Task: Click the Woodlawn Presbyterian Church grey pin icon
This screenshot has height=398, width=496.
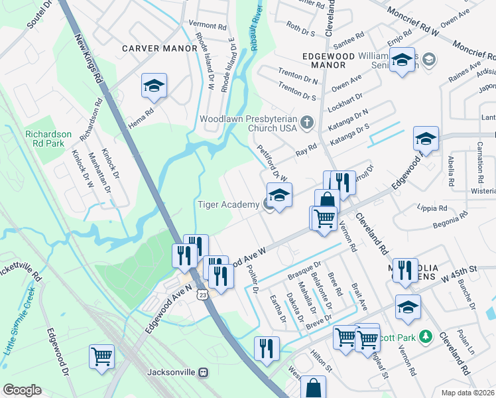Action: pyautogui.click(x=307, y=121)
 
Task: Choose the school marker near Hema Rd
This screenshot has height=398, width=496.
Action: pyautogui.click(x=154, y=86)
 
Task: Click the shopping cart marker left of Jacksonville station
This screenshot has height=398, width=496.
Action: pyautogui.click(x=102, y=356)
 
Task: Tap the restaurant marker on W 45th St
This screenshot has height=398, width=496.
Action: pyautogui.click(x=404, y=270)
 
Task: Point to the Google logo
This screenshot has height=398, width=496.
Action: pyautogui.click(x=22, y=390)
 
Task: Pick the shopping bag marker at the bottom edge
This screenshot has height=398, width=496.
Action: pyautogui.click(x=313, y=388)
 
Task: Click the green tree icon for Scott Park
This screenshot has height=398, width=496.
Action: pyautogui.click(x=428, y=338)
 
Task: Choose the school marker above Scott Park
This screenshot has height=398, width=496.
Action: pyautogui.click(x=408, y=306)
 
